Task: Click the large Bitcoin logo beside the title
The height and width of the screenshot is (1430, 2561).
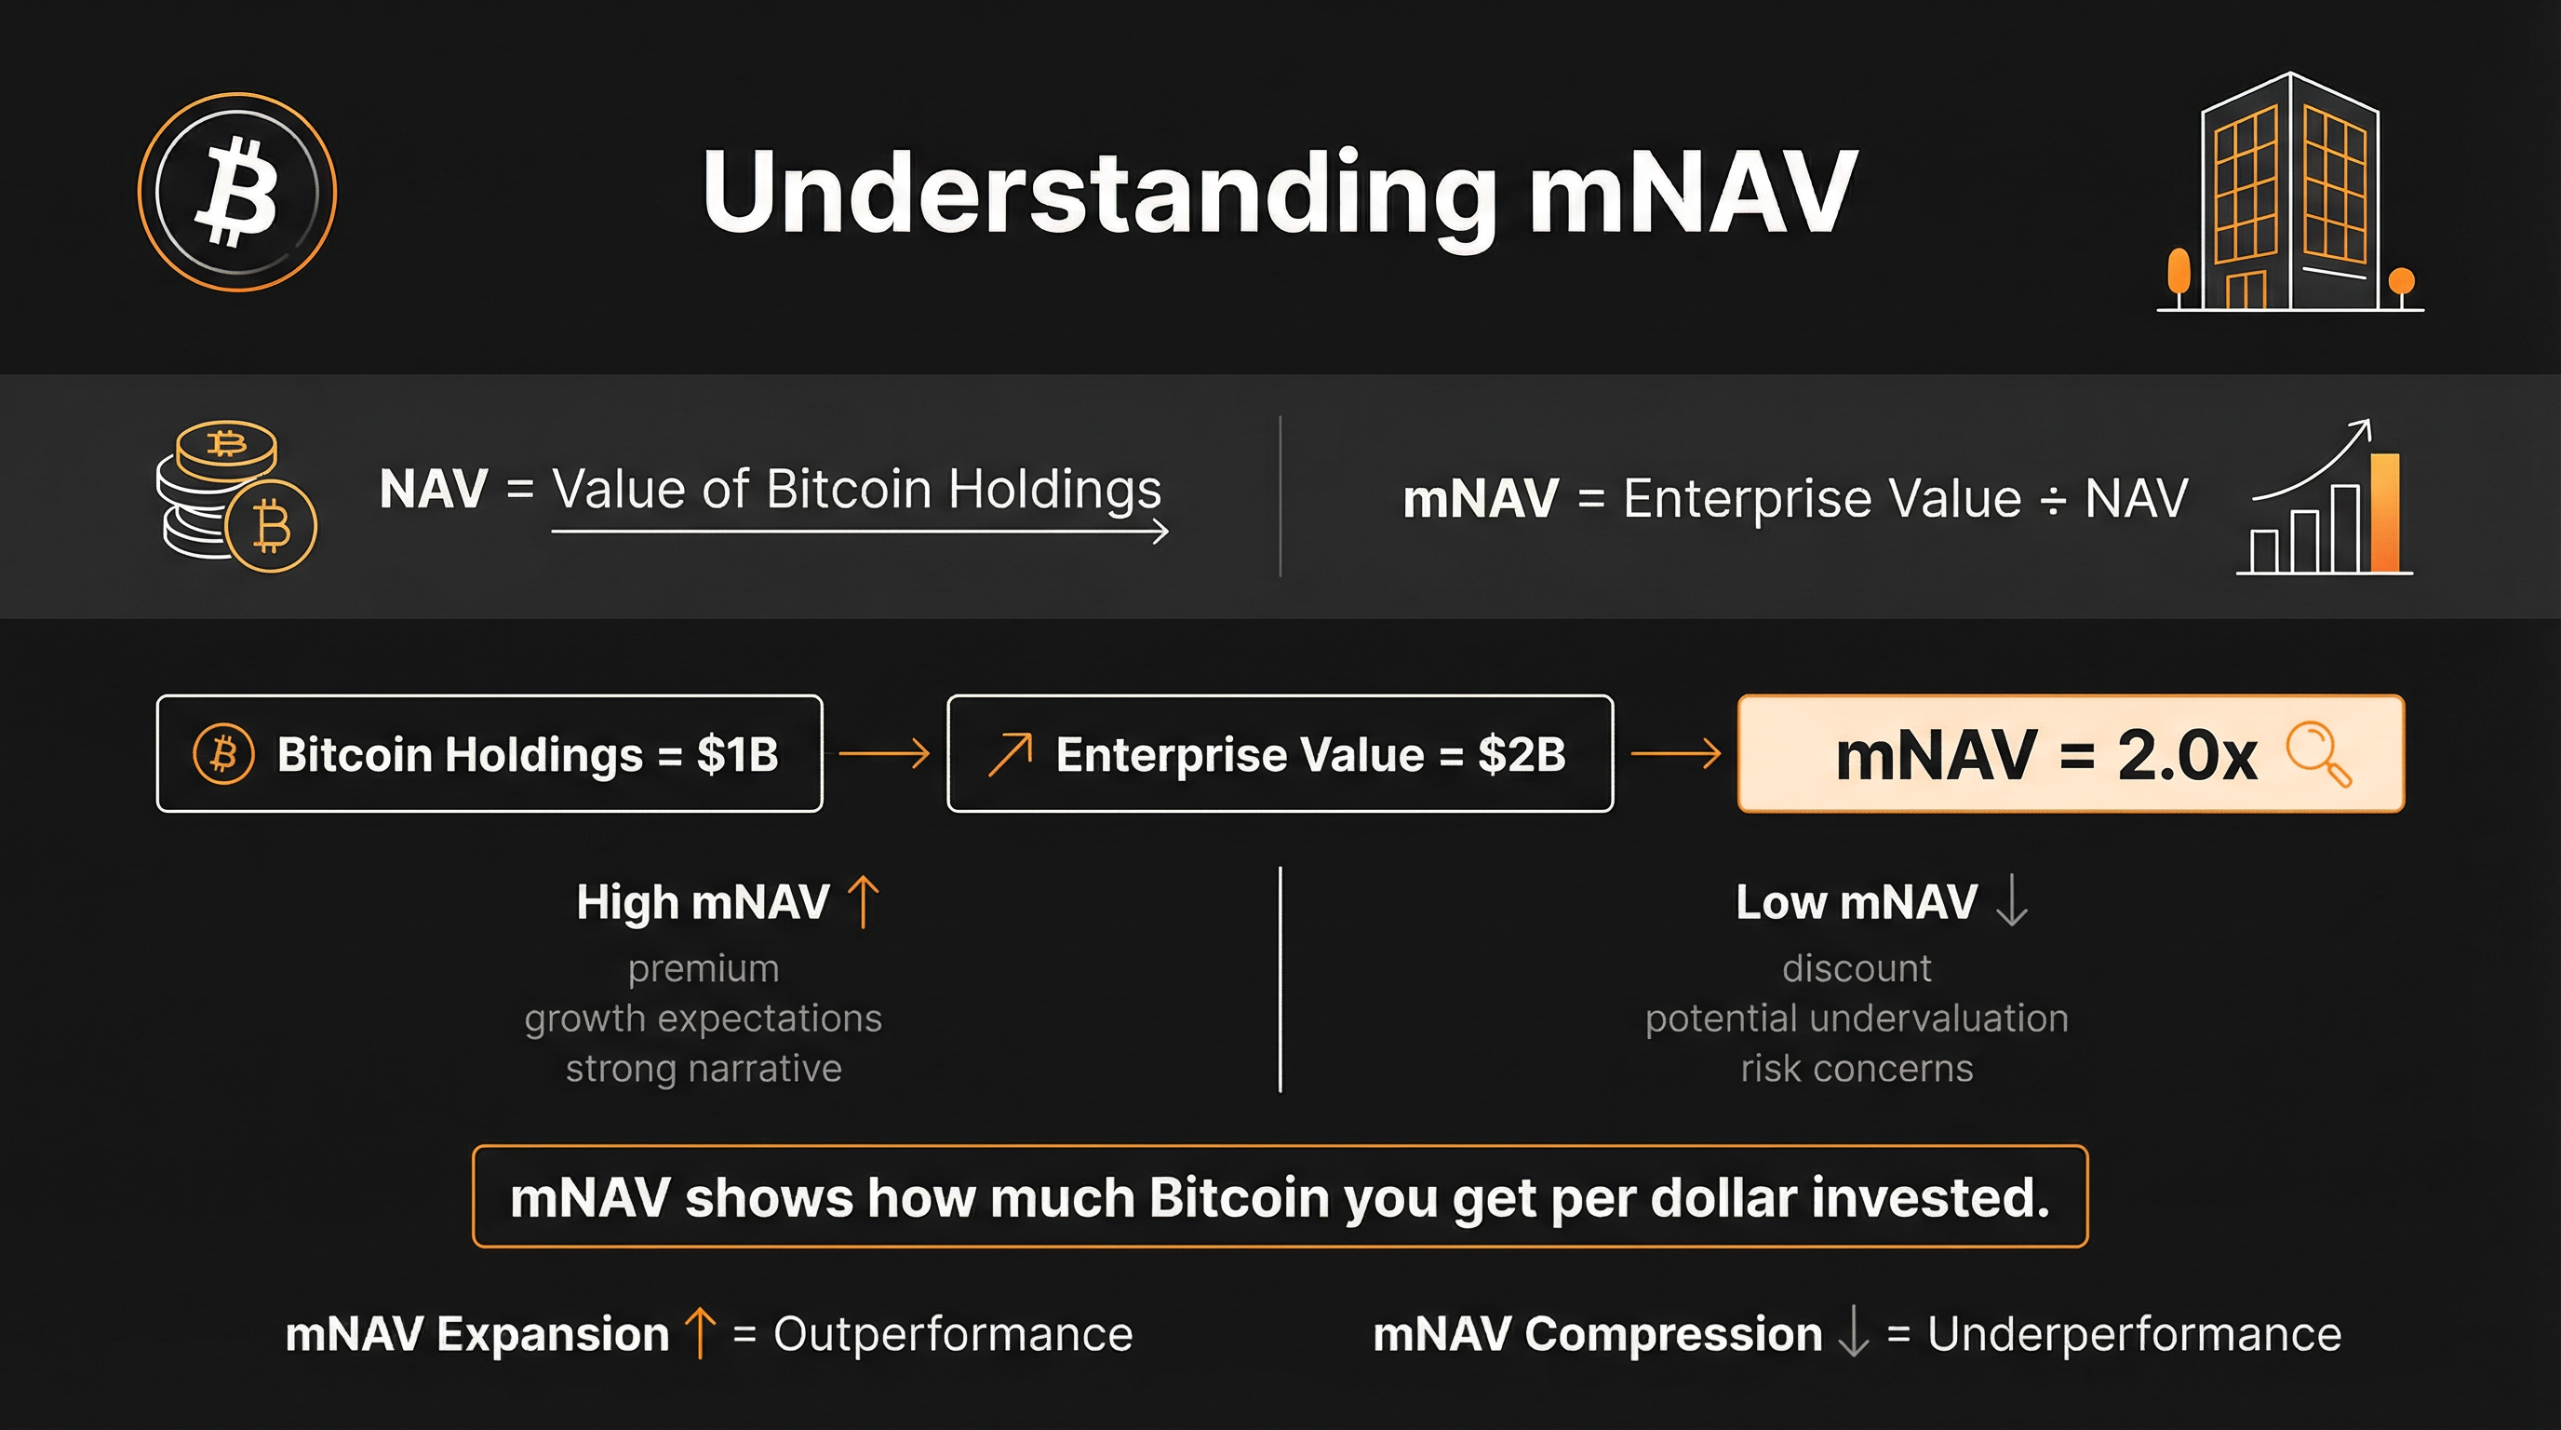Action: [236, 192]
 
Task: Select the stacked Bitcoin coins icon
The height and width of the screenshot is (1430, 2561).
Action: [236, 496]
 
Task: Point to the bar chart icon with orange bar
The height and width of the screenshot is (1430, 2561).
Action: [2325, 496]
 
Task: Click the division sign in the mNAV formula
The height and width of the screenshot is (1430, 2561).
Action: [2052, 500]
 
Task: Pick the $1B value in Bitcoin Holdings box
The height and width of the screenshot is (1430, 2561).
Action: [738, 755]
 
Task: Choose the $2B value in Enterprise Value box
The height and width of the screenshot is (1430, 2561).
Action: [1522, 755]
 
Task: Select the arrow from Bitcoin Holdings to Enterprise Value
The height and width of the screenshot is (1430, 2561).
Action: [885, 754]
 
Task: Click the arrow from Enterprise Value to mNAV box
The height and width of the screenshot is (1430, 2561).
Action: [1676, 754]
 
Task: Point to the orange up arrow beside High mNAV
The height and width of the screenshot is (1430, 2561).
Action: [863, 901]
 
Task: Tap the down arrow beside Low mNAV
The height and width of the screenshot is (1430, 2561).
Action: [2012, 901]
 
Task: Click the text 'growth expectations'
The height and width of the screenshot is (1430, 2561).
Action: [703, 1019]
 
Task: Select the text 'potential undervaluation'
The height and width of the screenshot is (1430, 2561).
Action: [1857, 1019]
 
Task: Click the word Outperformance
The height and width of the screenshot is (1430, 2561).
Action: [952, 1334]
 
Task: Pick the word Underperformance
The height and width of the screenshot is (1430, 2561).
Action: [2134, 1334]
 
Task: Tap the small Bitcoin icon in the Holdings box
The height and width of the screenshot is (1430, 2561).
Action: [223, 754]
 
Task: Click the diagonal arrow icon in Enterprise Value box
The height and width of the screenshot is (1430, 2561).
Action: [1010, 755]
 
